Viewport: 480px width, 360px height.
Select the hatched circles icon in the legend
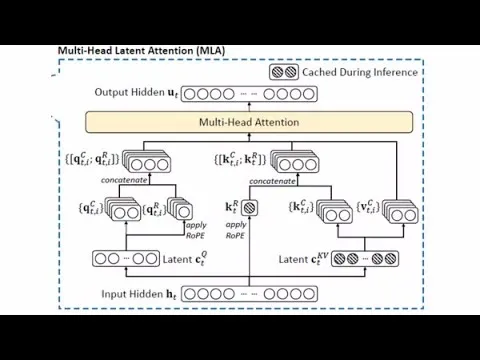(284, 72)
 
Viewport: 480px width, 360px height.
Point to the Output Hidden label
(137, 93)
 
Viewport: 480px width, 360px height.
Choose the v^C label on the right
(371, 208)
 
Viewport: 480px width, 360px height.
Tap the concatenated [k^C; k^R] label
(240, 158)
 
